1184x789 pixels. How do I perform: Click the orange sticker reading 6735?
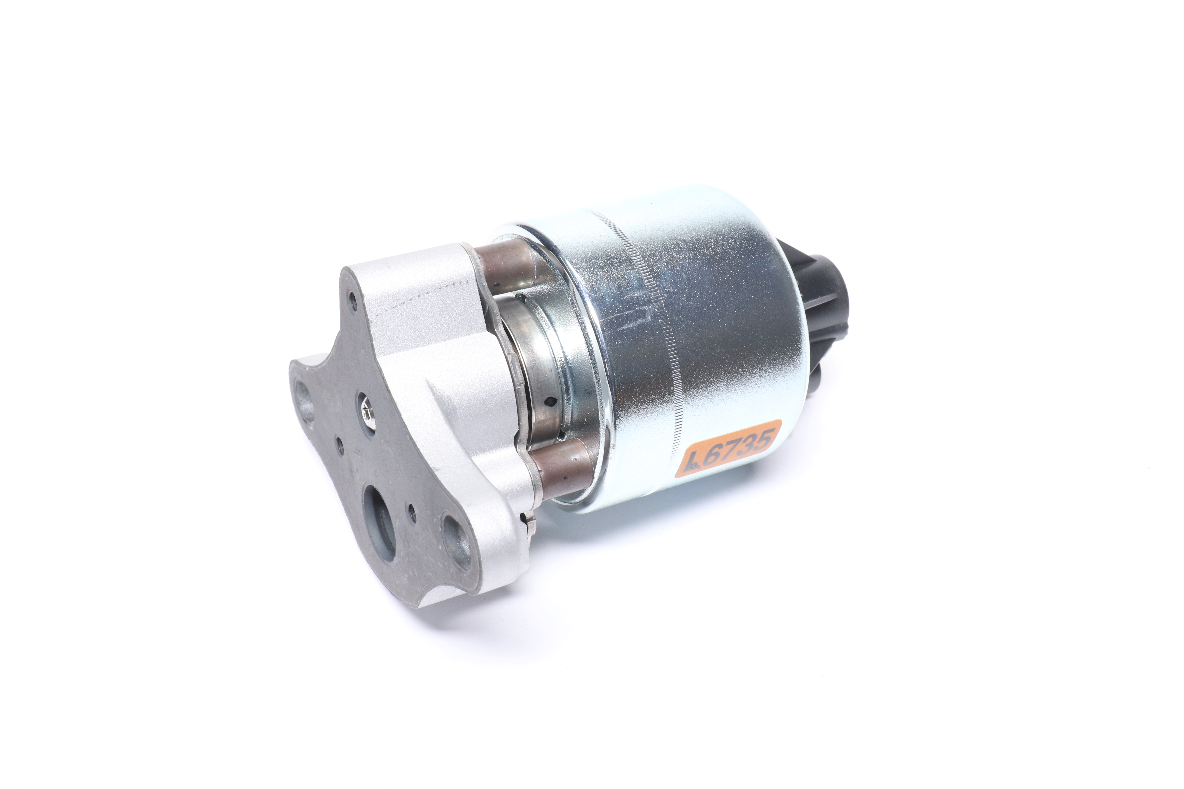pyautogui.click(x=728, y=448)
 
